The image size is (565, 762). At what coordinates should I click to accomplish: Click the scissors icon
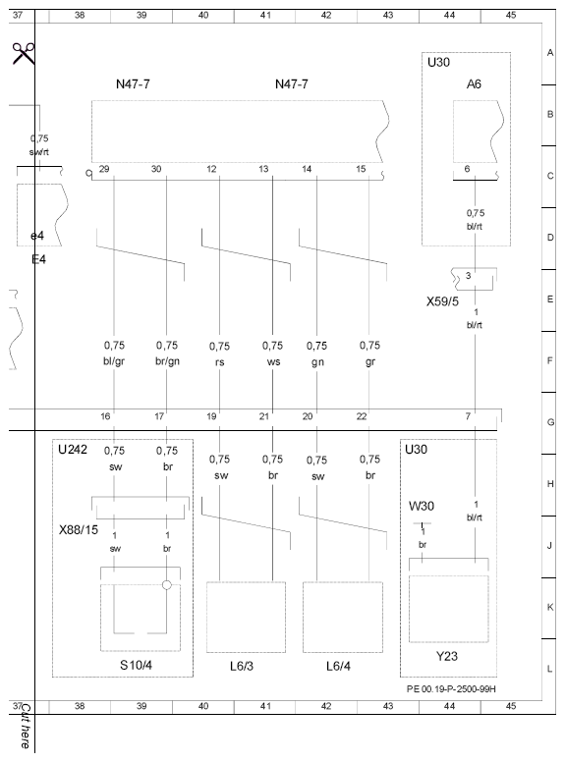pyautogui.click(x=24, y=53)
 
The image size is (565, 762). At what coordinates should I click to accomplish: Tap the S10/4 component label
pyautogui.click(x=136, y=665)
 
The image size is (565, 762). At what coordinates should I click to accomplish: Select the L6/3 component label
pyautogui.click(x=242, y=666)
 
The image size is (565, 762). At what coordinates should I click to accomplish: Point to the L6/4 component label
pyautogui.click(x=338, y=666)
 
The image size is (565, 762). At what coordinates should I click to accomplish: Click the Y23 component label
pyautogui.click(x=446, y=656)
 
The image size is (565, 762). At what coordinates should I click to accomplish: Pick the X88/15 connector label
pyautogui.click(x=79, y=529)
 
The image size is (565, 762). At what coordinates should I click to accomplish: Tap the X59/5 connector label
pyautogui.click(x=442, y=301)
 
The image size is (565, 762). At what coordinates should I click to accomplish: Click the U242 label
pyautogui.click(x=73, y=450)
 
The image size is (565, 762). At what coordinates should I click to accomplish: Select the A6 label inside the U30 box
pyautogui.click(x=474, y=84)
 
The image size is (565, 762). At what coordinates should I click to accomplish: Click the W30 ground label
pyautogui.click(x=422, y=506)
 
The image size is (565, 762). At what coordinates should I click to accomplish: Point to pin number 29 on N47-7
pyautogui.click(x=104, y=169)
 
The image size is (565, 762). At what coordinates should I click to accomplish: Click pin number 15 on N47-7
pyautogui.click(x=361, y=169)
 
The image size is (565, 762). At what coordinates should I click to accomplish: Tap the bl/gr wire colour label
pyautogui.click(x=114, y=361)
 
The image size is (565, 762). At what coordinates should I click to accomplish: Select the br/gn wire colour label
pyautogui.click(x=167, y=361)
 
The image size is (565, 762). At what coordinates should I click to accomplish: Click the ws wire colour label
pyautogui.click(x=273, y=361)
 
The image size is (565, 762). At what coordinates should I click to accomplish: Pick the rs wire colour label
pyautogui.click(x=220, y=362)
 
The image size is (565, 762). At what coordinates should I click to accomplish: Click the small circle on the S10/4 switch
pyautogui.click(x=167, y=585)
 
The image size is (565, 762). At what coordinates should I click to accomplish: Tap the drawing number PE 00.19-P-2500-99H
pyautogui.click(x=451, y=689)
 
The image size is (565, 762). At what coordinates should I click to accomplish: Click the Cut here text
pyautogui.click(x=26, y=726)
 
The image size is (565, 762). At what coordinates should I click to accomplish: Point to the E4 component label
pyautogui.click(x=38, y=259)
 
